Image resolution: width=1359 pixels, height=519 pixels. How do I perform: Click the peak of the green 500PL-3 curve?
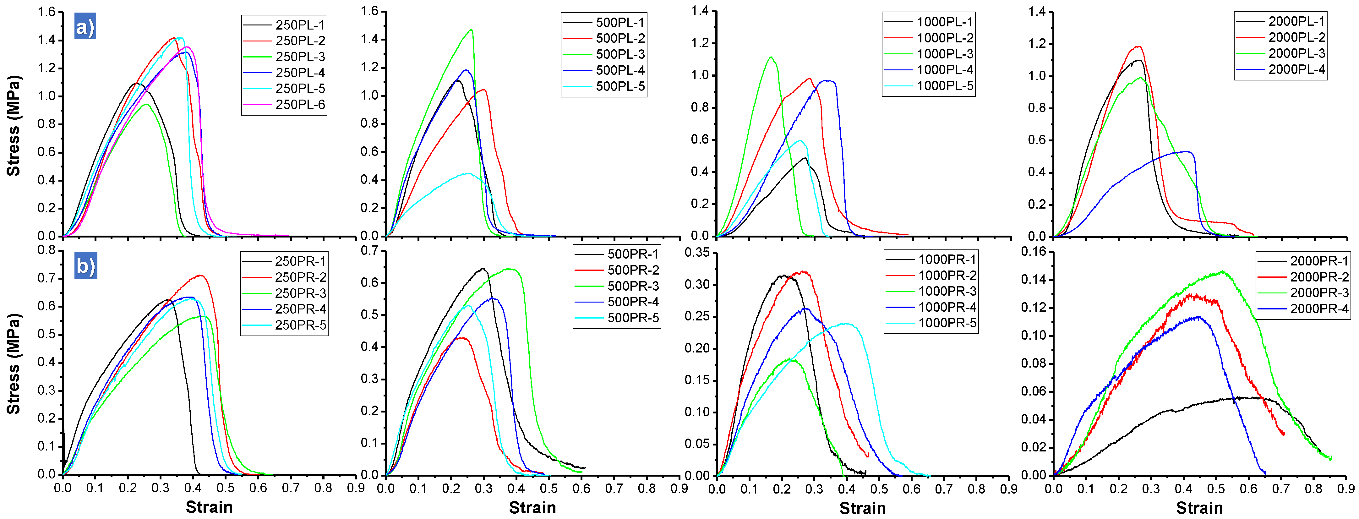[x=471, y=30]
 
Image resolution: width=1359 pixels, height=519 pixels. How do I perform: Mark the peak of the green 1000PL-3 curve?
[x=771, y=57]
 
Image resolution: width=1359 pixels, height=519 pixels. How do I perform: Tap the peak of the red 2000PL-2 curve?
[x=1138, y=46]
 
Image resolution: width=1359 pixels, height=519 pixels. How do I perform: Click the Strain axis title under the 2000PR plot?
[x=1199, y=508]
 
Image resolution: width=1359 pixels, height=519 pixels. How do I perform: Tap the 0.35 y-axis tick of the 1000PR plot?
[x=697, y=253]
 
